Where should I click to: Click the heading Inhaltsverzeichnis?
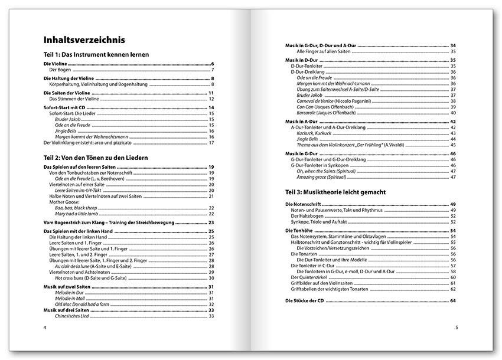(84, 40)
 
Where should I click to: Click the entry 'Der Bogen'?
(60, 70)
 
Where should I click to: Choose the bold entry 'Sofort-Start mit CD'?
(66, 107)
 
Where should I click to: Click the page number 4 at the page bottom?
(45, 327)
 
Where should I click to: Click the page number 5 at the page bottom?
(456, 327)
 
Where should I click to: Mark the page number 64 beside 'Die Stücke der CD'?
(453, 301)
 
